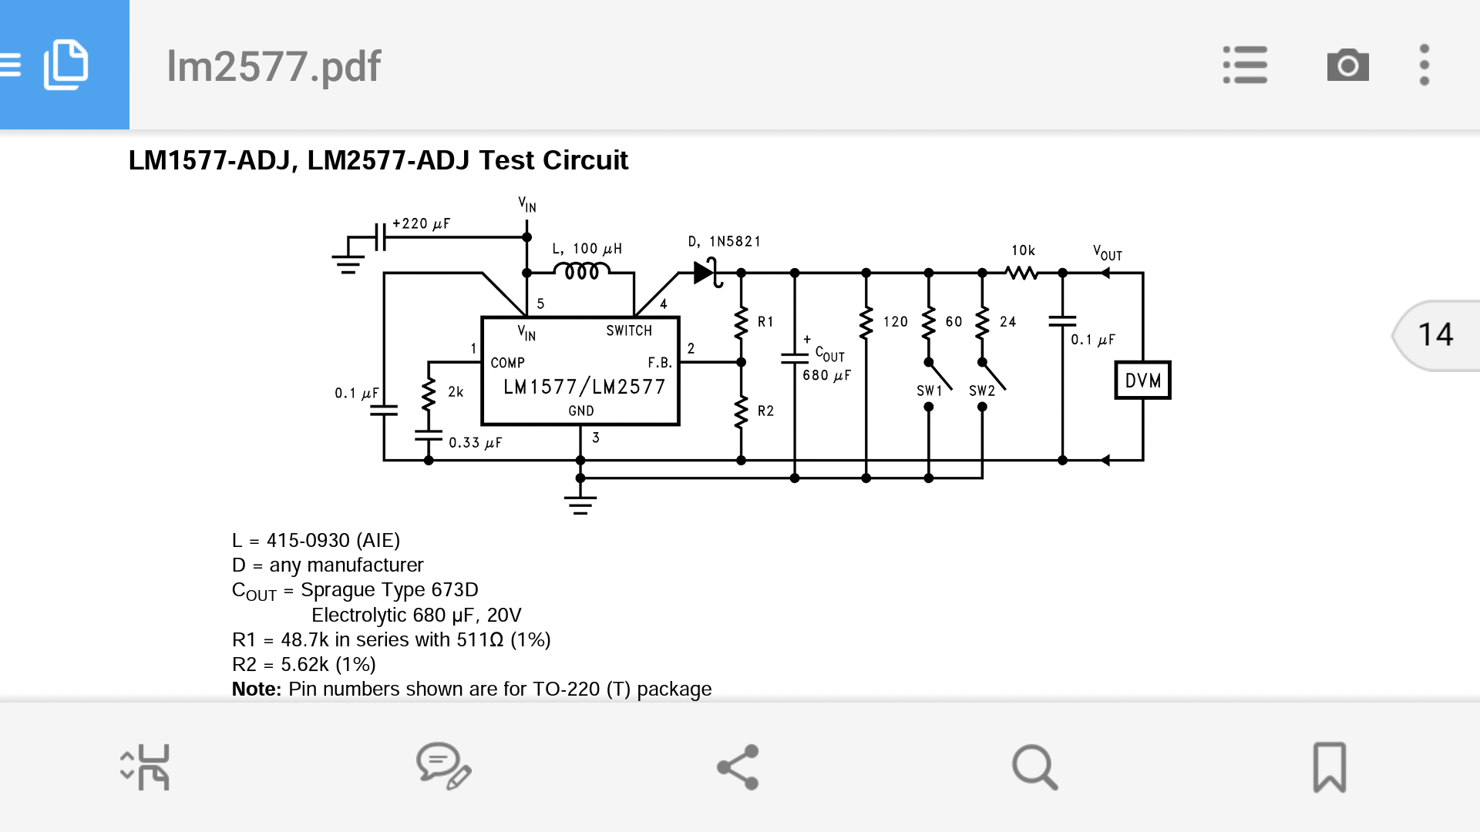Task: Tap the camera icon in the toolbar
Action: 1347,65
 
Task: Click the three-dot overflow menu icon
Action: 1424,65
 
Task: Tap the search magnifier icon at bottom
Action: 1034,767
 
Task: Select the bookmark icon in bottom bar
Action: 1329,767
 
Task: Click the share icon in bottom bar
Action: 738,767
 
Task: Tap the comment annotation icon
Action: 443,767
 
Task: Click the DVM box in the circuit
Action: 1142,381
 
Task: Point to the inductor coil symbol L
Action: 582,271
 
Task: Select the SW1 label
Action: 929,391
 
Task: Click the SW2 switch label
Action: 982,391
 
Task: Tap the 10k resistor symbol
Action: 1022,273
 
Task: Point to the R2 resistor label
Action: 765,411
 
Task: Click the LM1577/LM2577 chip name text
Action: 584,387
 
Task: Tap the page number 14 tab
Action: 1435,335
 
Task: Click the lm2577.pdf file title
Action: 274,66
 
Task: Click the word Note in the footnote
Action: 256,689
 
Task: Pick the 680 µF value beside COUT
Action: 826,376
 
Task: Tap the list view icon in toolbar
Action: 1245,65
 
